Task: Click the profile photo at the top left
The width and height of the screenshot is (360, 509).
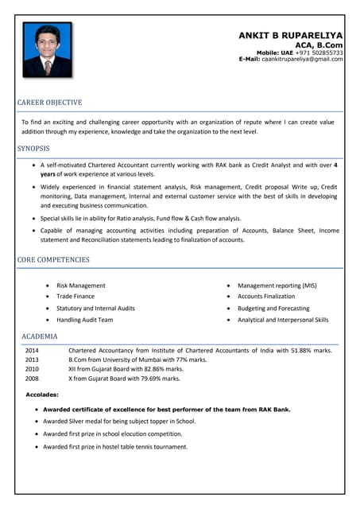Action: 47,50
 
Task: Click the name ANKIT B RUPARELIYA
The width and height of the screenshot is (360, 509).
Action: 290,36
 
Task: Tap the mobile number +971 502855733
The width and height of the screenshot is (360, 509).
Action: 319,52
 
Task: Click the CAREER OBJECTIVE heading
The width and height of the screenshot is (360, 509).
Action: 49,103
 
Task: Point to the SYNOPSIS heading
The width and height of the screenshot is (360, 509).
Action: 33,149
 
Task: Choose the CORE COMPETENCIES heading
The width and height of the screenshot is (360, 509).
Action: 53,259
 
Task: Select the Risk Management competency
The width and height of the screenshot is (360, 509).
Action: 81,285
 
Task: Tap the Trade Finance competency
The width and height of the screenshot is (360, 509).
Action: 75,296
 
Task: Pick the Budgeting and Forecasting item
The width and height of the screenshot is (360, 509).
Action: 273,308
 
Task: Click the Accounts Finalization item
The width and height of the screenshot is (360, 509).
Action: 266,296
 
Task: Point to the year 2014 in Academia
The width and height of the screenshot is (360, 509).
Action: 32,350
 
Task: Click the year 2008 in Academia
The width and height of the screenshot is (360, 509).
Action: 32,379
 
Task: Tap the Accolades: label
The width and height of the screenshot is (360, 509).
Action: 42,394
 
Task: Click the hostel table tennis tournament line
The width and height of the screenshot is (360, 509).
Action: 115,447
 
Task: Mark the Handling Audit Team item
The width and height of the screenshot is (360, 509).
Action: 85,320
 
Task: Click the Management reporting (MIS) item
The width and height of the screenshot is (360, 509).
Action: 277,285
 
